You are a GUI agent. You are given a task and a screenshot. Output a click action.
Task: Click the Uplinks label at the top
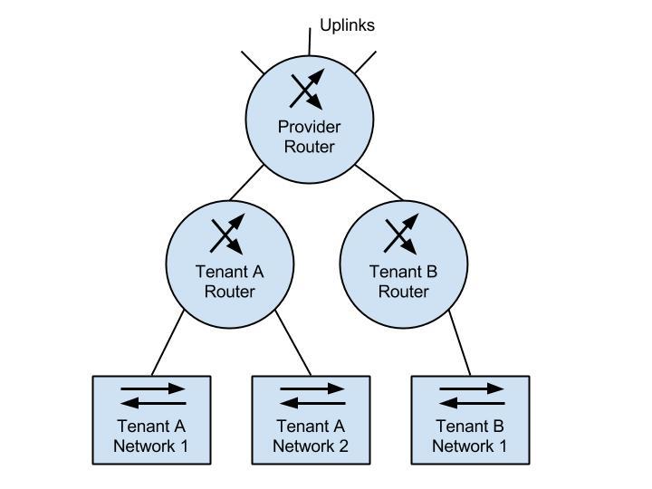click(x=347, y=25)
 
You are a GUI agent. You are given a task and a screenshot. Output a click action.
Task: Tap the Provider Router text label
click(x=309, y=137)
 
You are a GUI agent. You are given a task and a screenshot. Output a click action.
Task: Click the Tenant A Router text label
click(x=230, y=281)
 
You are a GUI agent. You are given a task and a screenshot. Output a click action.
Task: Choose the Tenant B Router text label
click(x=403, y=281)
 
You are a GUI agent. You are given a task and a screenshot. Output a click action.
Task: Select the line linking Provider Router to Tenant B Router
click(x=379, y=182)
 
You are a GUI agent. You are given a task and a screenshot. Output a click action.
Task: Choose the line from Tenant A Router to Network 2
click(x=293, y=343)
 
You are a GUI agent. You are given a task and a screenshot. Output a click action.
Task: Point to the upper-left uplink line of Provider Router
click(x=253, y=63)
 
